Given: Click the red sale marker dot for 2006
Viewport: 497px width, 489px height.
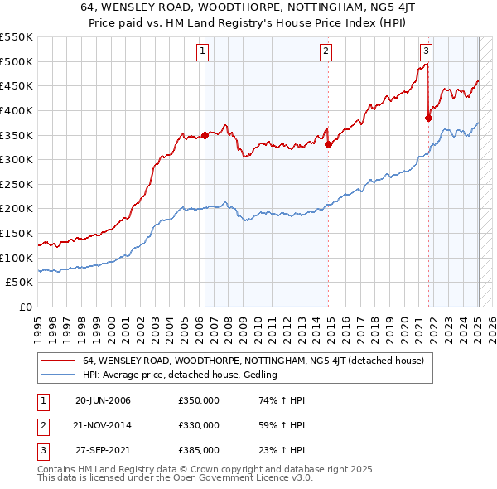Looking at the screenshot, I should [x=205, y=135].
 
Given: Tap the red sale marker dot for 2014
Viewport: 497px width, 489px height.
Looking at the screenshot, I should [x=329, y=144].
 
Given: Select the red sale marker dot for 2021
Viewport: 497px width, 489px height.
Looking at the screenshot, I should [x=429, y=118].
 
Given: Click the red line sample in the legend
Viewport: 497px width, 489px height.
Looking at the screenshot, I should [x=58, y=361].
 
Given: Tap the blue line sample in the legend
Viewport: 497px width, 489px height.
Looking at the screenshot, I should [x=58, y=375].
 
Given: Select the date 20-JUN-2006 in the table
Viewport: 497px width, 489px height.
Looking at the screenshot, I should [x=103, y=400].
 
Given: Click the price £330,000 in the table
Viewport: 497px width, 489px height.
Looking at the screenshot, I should [x=199, y=425].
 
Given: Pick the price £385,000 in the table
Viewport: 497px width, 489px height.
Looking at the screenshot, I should [x=199, y=450].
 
